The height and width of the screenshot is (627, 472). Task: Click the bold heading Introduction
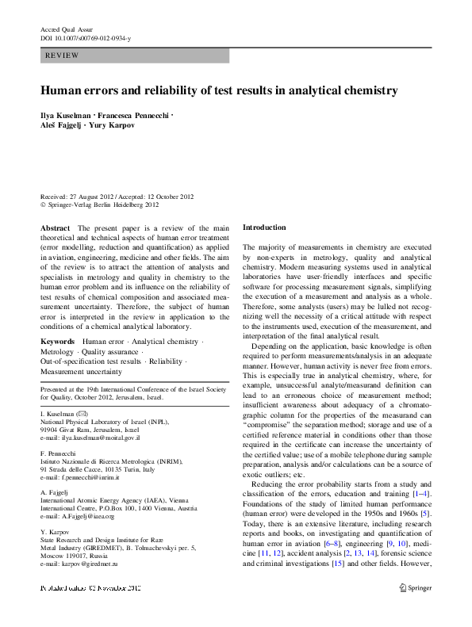[264, 227]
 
